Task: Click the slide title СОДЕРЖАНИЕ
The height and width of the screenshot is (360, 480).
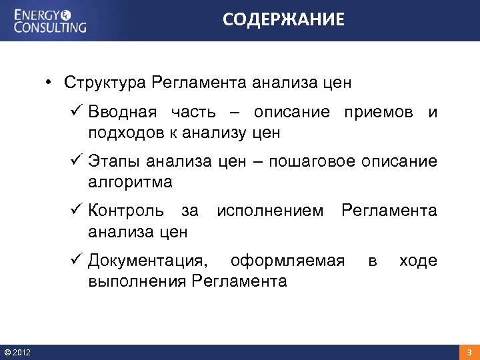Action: click(284, 20)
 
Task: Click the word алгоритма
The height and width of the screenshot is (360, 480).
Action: click(130, 182)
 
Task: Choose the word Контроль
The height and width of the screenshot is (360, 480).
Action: click(126, 211)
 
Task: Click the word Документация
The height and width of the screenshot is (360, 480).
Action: click(147, 261)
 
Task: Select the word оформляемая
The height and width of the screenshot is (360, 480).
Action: click(287, 261)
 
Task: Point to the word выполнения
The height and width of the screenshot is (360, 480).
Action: click(137, 281)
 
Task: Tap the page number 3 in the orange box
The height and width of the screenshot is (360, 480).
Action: click(469, 352)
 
